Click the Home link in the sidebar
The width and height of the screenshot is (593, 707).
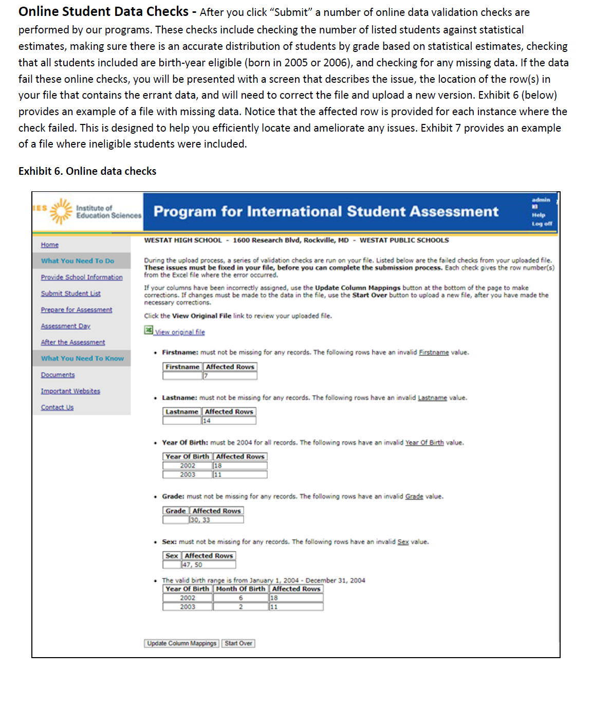(50, 245)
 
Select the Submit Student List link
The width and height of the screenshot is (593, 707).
(71, 294)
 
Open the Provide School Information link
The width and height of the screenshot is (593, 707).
(82, 277)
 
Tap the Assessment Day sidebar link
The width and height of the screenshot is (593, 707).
(66, 326)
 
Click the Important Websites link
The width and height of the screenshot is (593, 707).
(70, 391)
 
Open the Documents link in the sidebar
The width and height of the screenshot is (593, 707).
(58, 375)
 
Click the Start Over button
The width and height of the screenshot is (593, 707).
(238, 643)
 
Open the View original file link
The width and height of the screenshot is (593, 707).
(180, 332)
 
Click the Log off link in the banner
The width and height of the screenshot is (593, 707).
(542, 224)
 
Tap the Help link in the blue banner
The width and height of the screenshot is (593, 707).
(539, 215)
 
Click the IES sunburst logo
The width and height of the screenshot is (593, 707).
(61, 211)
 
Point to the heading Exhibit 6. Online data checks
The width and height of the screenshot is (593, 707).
(87, 171)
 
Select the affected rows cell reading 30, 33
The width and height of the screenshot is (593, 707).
(216, 520)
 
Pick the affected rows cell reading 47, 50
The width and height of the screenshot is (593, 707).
(208, 565)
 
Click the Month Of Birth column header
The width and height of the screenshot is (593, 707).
(240, 589)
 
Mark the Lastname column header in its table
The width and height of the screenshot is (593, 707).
(181, 412)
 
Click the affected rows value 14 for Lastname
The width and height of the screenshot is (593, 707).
(228, 421)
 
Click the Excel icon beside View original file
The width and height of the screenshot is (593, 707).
(149, 330)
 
